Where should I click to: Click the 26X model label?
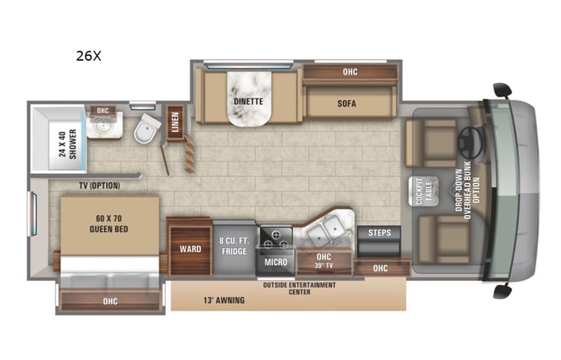pyautogui.click(x=87, y=55)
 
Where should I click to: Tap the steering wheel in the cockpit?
pyautogui.click(x=470, y=140)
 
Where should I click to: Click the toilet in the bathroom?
pyautogui.click(x=144, y=131)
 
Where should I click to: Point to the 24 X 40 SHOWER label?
pyautogui.click(x=68, y=143)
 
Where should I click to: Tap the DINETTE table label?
pyautogui.click(x=248, y=101)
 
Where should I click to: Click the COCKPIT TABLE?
pyautogui.click(x=422, y=190)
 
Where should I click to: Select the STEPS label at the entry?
pyautogui.click(x=379, y=233)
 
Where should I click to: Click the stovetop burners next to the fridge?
pyautogui.click(x=276, y=238)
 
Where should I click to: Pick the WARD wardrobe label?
pyautogui.click(x=190, y=249)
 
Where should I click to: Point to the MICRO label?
pyautogui.click(x=276, y=263)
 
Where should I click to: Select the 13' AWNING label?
pyautogui.click(x=224, y=300)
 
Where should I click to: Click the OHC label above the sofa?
pyautogui.click(x=350, y=72)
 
